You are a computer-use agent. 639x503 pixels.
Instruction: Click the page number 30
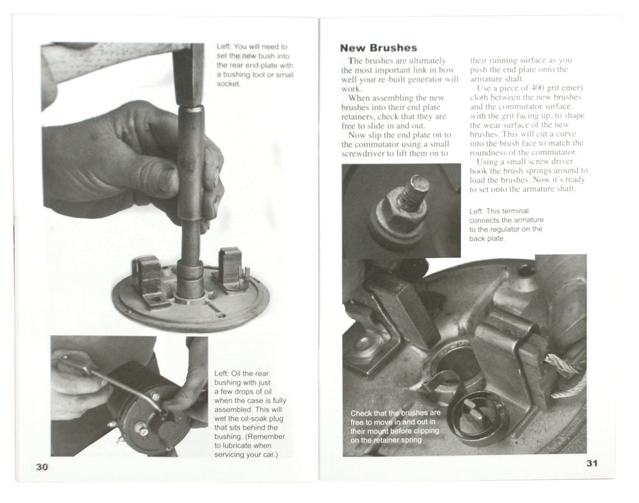[x=42, y=467]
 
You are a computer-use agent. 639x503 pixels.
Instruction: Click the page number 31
[x=592, y=463]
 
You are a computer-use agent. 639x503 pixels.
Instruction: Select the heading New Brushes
[x=378, y=47]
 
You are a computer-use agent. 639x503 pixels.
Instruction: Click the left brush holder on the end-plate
[x=148, y=280]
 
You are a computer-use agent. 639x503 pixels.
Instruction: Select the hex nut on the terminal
[x=398, y=212]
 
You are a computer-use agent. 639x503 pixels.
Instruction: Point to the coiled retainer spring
[x=477, y=416]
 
